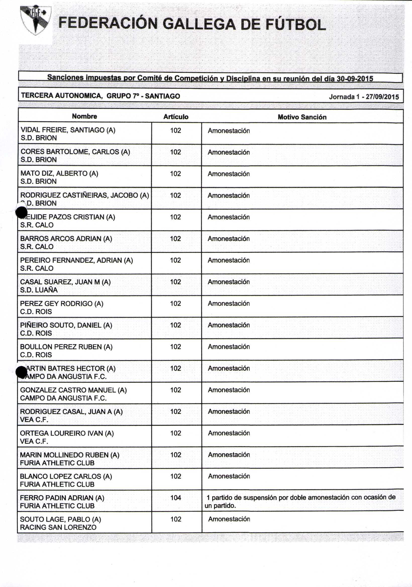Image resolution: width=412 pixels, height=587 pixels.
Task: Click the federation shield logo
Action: point(36,20)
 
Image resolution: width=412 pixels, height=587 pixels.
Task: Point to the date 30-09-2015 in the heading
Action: point(355,78)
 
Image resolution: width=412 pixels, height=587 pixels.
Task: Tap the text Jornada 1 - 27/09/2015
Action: point(364,97)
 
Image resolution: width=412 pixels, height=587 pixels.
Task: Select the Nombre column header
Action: point(84,117)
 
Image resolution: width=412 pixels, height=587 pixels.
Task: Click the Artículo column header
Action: point(176,117)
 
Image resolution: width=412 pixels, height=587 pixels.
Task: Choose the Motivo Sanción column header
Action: point(302,117)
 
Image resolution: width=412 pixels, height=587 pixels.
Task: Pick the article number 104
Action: point(176,498)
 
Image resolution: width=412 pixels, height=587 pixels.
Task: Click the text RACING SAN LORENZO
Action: point(58,527)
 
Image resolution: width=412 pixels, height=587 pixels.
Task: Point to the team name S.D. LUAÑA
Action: point(39,290)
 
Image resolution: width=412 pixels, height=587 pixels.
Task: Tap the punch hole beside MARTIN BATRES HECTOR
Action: point(21,372)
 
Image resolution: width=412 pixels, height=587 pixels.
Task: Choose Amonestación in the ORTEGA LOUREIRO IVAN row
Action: point(229,433)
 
